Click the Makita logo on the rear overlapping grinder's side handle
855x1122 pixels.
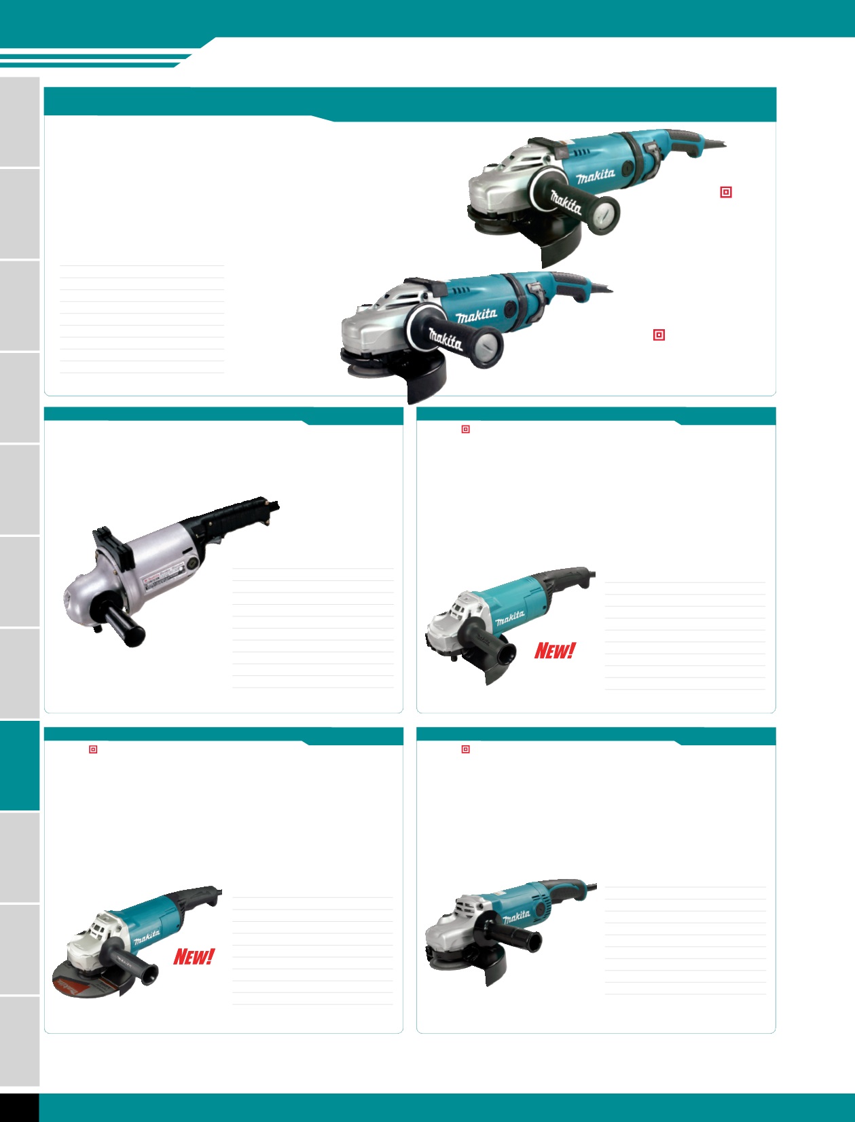566,202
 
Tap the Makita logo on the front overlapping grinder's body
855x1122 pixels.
476,315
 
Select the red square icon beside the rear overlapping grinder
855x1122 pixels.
725,192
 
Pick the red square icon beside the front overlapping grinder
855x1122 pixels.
659,335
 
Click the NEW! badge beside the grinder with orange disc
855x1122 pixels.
194,956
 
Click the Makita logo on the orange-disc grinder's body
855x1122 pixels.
147,938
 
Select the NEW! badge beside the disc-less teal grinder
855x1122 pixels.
554,650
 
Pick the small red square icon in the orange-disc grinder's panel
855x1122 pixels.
93,749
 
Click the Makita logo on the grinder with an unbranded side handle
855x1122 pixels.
516,917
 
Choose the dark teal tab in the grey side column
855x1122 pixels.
20,766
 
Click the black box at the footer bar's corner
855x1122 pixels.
19,1107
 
